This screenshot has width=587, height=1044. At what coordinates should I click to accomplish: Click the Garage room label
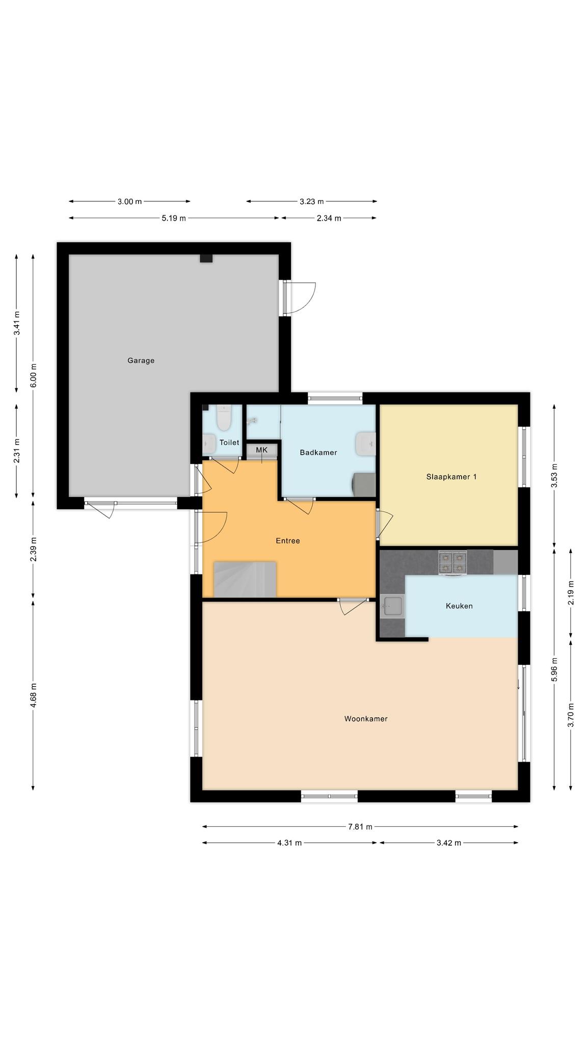click(141, 360)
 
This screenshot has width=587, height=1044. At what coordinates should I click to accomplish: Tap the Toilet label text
click(229, 442)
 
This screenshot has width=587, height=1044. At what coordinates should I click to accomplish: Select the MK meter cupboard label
click(261, 450)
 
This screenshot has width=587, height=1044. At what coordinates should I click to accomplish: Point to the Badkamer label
click(318, 452)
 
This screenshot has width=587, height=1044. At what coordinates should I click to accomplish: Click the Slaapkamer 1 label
click(451, 477)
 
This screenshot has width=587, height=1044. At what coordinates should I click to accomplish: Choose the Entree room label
click(288, 541)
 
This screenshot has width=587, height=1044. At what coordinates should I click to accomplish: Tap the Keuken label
click(459, 606)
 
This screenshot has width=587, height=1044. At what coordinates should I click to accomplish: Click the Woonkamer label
click(366, 719)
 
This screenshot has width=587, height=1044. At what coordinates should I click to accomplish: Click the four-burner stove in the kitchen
click(452, 562)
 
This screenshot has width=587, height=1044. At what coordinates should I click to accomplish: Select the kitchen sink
click(391, 607)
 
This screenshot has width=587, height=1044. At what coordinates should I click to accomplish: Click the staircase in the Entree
click(245, 579)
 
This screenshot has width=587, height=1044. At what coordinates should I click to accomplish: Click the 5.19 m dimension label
click(174, 218)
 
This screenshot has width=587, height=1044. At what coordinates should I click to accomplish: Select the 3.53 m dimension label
click(554, 476)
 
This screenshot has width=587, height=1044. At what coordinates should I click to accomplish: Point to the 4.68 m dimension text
click(33, 695)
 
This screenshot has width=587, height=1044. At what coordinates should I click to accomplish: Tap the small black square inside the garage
click(206, 258)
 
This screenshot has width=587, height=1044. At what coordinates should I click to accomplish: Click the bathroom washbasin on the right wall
click(366, 443)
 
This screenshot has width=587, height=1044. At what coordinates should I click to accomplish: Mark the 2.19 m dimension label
click(571, 593)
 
